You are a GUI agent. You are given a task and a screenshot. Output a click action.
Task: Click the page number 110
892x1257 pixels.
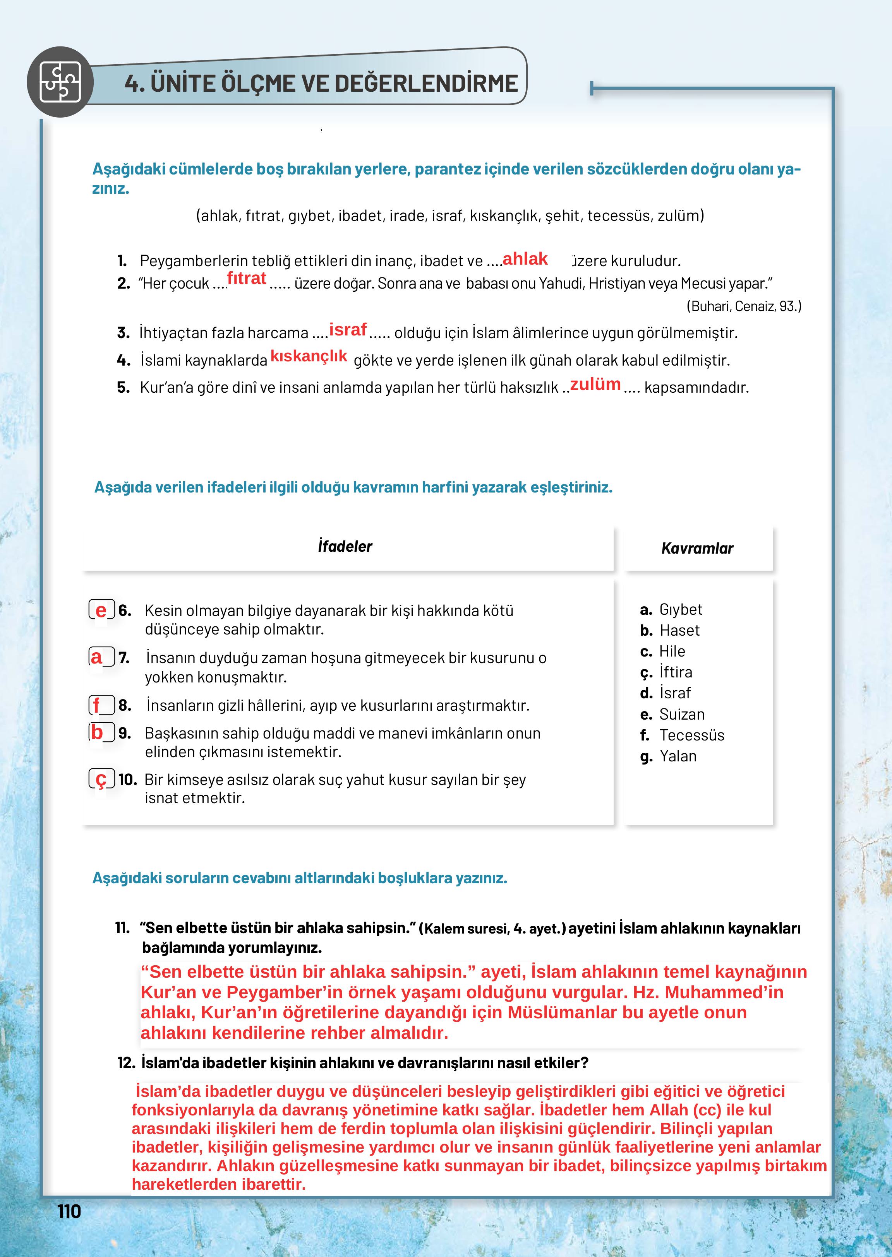(69, 1211)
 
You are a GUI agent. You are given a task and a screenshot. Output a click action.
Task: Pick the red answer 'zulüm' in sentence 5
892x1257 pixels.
(595, 384)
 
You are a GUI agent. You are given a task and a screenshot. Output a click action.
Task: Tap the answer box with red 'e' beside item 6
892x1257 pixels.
(101, 610)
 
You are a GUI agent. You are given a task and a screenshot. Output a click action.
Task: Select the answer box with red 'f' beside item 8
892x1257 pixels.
(101, 705)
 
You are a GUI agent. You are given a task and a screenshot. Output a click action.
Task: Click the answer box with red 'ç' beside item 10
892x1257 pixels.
(101, 778)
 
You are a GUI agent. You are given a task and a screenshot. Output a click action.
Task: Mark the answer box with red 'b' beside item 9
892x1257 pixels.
(101, 732)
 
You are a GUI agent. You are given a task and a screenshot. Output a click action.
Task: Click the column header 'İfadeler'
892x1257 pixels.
(345, 546)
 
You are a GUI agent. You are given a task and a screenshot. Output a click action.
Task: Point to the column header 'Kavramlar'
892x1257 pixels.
(697, 548)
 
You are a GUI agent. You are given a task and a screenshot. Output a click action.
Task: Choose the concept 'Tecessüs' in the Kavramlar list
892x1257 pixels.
(691, 735)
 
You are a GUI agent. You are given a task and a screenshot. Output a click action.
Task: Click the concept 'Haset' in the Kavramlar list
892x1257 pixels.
(679, 630)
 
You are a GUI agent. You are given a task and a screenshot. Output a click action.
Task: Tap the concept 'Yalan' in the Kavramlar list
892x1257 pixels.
(678, 756)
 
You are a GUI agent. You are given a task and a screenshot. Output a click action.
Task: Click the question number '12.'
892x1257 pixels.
(126, 1063)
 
